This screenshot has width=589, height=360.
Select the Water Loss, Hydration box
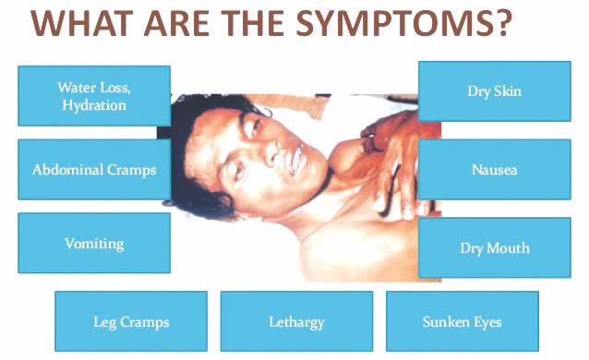[x=94, y=96]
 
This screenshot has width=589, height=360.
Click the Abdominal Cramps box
[x=94, y=170]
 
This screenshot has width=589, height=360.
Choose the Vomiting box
[x=94, y=243]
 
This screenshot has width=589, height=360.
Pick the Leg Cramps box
[x=131, y=321]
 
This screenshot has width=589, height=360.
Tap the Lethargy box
[x=296, y=321]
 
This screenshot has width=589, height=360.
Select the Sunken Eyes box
[x=463, y=321]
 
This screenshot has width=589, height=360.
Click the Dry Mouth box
[x=495, y=247]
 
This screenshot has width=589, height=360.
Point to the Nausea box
[x=495, y=170]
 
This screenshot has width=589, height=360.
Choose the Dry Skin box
[x=495, y=91]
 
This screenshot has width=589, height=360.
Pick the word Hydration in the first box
[x=94, y=105]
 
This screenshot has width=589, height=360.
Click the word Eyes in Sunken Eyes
[x=487, y=322]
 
